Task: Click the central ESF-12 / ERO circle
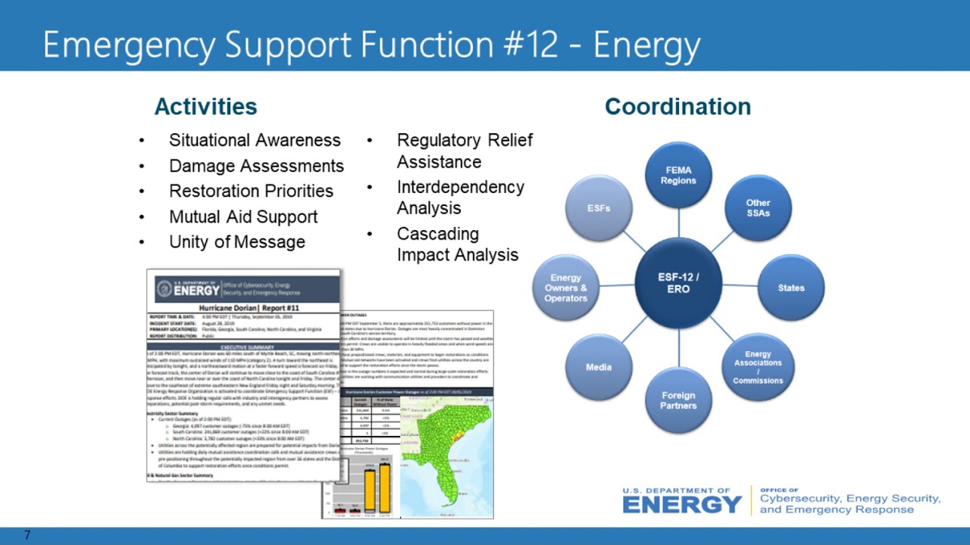click(678, 283)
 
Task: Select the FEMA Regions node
click(678, 176)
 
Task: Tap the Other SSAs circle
click(758, 208)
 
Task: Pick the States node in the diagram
click(790, 288)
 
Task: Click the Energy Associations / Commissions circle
click(758, 367)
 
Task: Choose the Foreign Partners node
click(678, 400)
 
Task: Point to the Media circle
click(599, 367)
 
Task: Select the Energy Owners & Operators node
click(566, 288)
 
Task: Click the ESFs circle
click(599, 208)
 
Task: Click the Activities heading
click(205, 107)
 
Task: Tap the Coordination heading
click(677, 107)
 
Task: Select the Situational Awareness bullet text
click(255, 140)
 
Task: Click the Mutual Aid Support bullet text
click(243, 216)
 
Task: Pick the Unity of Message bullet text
click(236, 242)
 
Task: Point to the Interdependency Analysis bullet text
click(460, 197)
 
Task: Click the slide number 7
click(27, 536)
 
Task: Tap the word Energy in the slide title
click(646, 45)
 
